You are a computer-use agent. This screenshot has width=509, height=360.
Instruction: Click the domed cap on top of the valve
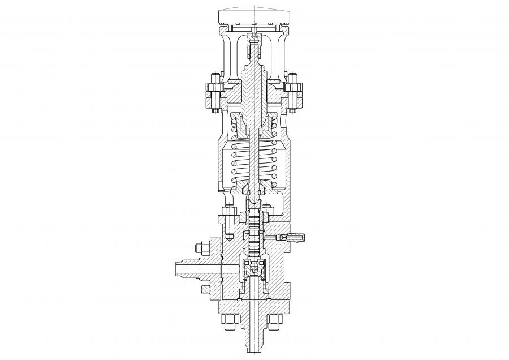tap(255, 16)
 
